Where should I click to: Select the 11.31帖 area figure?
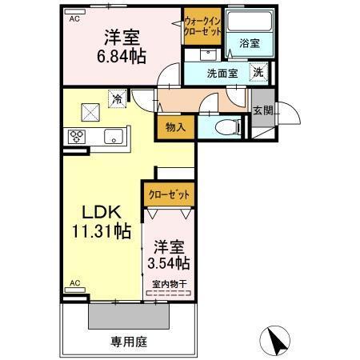99,234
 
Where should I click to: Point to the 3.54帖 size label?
168,262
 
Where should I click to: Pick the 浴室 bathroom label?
249,44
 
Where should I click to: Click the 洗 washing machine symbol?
259,72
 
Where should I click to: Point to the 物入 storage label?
176,127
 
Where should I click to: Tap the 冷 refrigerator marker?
118,101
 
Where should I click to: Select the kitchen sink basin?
112,134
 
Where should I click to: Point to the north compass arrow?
276,339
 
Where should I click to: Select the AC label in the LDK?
74,283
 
